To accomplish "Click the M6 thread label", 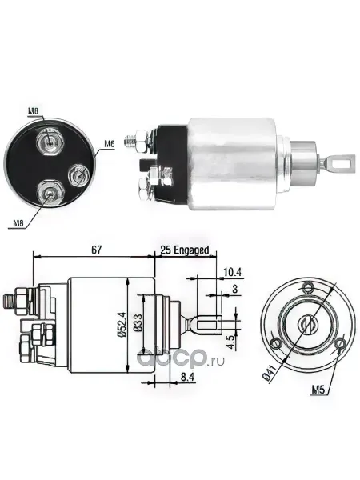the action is coord(109,144).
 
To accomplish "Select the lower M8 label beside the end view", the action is coord(18,223).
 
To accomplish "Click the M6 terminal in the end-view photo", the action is coord(78,174).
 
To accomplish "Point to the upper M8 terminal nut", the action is coord(50,141).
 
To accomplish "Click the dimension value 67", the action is coord(96,250).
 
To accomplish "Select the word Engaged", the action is coord(191,250).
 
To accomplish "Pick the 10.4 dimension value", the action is coord(232,272).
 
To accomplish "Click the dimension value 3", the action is coord(234,289).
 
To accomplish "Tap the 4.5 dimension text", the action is coord(231,342).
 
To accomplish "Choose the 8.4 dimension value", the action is coord(186,377).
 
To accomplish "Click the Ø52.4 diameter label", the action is coord(122,325).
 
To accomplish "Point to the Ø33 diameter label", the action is coord(138,322).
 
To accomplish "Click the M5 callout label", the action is coord(318,390).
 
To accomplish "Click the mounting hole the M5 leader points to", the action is coord(339,344).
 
